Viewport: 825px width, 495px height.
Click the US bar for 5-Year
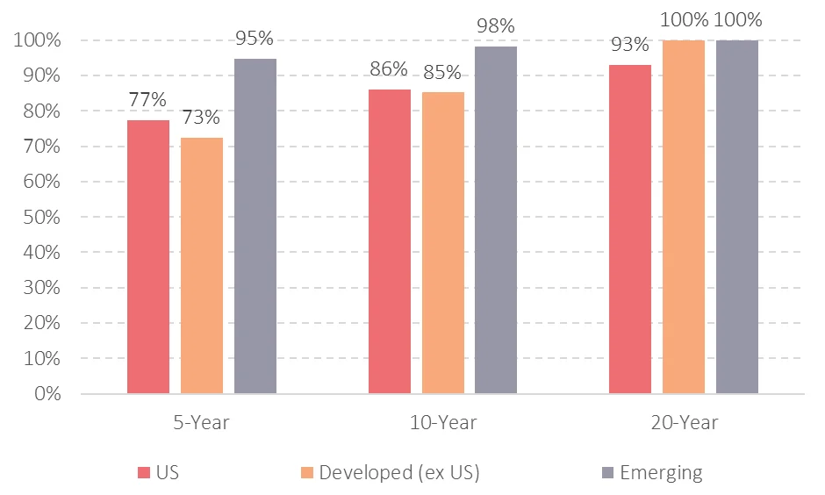click(148, 256)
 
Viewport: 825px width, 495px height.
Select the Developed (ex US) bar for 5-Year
click(202, 265)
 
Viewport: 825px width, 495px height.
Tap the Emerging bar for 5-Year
click(255, 226)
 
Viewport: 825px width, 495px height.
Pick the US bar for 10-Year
click(390, 241)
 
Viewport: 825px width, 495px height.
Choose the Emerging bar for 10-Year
click(496, 219)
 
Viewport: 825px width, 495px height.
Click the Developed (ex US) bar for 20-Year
click(684, 217)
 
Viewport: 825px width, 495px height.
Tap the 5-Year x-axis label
click(202, 423)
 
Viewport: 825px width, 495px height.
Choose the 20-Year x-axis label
click(684, 423)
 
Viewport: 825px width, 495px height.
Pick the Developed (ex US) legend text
click(399, 473)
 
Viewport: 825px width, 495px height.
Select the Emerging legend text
click(661, 473)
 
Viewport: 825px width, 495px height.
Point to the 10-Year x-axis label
click(443, 423)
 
